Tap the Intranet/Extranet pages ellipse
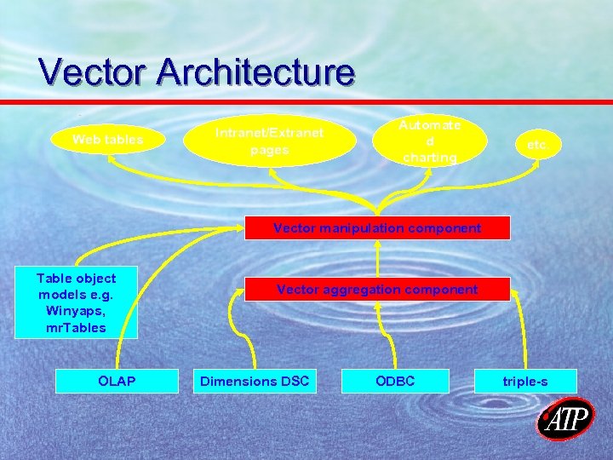(x=269, y=141)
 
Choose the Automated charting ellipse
(x=431, y=141)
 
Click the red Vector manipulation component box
(x=377, y=227)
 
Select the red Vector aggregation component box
(x=377, y=290)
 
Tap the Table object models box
(x=77, y=302)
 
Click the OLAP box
(x=117, y=381)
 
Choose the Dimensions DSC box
(x=255, y=381)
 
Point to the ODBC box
(x=395, y=381)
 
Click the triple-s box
(x=525, y=381)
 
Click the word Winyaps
(x=77, y=311)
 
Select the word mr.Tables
(x=77, y=327)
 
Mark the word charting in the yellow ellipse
(x=430, y=158)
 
